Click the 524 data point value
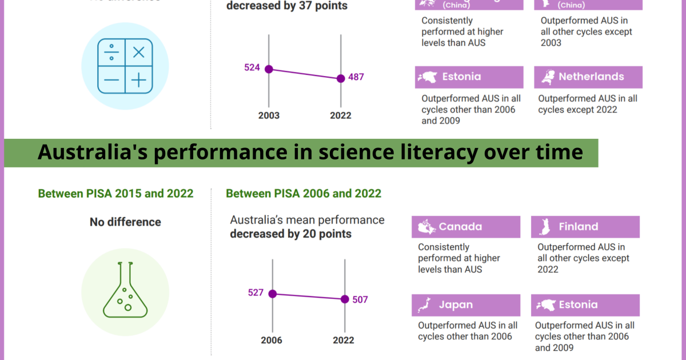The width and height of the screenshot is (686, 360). point(252,67)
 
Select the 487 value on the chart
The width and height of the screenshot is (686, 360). point(356,77)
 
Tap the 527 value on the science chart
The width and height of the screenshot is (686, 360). point(256,293)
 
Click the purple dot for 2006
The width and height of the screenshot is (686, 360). point(273,294)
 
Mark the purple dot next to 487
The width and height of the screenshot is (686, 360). point(341,78)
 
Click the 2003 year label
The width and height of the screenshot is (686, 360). point(269,115)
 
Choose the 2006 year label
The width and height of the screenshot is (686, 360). point(272,340)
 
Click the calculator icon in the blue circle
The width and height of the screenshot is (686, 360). point(125,66)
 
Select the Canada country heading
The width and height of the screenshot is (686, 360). point(460,227)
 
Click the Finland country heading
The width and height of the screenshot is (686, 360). point(579,227)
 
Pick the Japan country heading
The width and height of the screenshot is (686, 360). point(456,305)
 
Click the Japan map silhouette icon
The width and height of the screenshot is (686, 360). point(425,305)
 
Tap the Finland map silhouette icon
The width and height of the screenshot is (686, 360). point(544,227)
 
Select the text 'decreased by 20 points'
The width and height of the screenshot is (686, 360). point(290,234)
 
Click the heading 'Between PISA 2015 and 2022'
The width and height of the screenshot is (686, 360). point(115,194)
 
